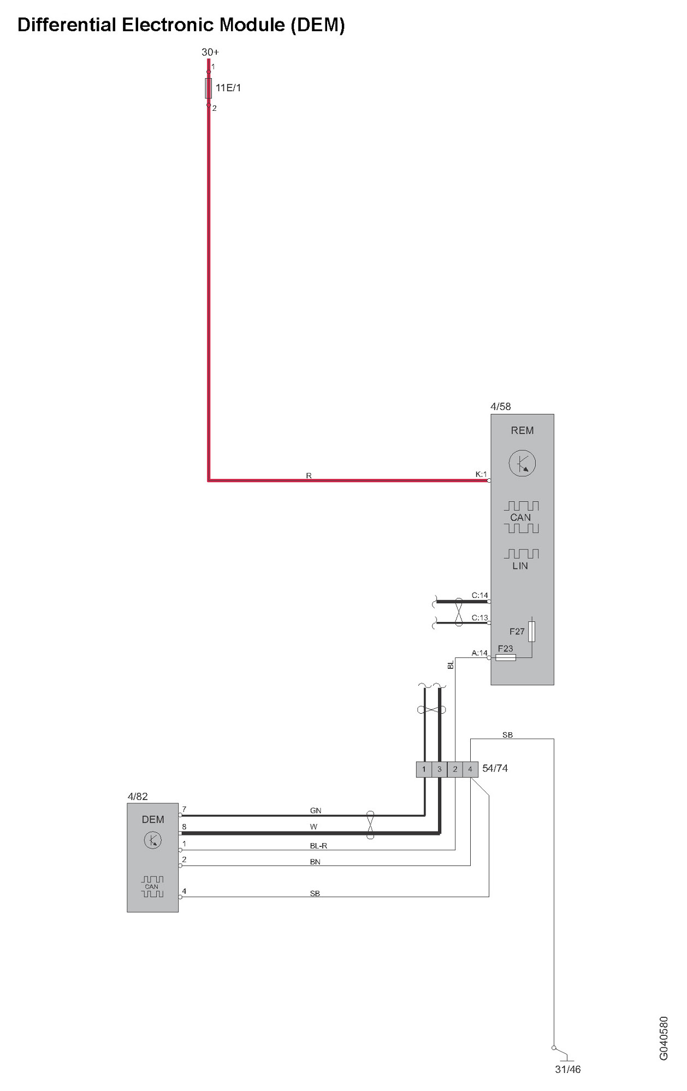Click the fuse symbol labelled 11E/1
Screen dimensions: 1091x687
[x=208, y=88]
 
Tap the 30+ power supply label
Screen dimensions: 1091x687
[x=210, y=52]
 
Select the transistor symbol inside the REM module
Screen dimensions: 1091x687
[x=522, y=464]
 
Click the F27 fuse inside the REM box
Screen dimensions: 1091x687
[x=531, y=631]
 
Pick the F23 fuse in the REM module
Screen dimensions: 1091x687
[x=506, y=657]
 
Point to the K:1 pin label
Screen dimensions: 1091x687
[x=481, y=475]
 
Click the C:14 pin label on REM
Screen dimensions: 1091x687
[x=479, y=595]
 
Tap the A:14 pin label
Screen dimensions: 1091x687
[x=479, y=653]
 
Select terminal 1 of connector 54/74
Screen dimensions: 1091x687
[x=424, y=769]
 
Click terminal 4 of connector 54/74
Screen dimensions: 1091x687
[x=470, y=769]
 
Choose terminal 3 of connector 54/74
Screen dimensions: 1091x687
[x=439, y=769]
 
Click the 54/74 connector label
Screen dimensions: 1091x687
[x=495, y=768]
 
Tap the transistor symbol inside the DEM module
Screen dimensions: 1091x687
[x=152, y=840]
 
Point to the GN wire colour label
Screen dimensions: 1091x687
[x=316, y=810]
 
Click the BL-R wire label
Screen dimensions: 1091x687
[x=318, y=846]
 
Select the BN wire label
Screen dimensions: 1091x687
[x=315, y=862]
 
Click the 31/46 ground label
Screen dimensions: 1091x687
[x=568, y=1069]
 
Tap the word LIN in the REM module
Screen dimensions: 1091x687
[x=520, y=566]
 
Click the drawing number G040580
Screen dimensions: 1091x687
[x=664, y=1038]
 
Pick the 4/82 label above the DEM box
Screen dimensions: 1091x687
[x=138, y=796]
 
